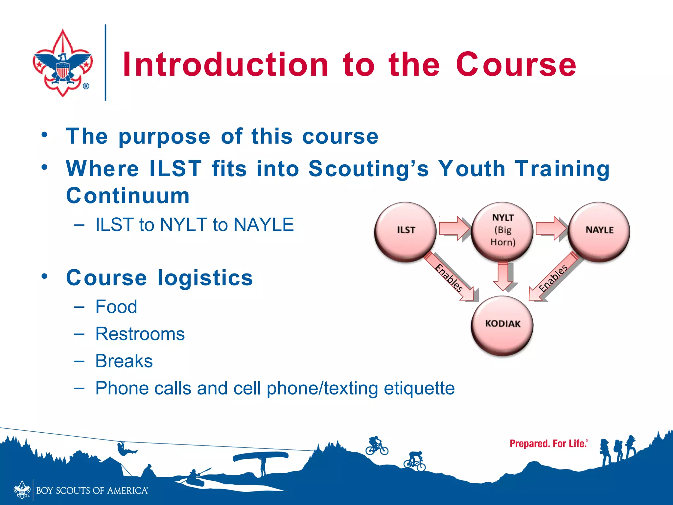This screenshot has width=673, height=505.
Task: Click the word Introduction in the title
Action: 225,65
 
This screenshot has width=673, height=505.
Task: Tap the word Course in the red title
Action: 516,65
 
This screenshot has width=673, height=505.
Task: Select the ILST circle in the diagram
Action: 406,231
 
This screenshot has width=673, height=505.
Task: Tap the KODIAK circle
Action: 502,325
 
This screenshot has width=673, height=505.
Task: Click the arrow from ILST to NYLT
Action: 454,228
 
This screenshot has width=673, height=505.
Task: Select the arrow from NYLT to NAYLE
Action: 551,228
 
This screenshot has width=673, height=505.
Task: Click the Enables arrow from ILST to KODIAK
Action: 450,278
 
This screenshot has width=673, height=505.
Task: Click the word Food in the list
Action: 116,307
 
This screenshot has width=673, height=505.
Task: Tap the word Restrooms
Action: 140,334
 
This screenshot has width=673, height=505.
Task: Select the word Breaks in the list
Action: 124,361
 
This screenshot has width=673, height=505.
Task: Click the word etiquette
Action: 419,388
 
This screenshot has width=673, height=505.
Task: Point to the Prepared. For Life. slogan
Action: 548,444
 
